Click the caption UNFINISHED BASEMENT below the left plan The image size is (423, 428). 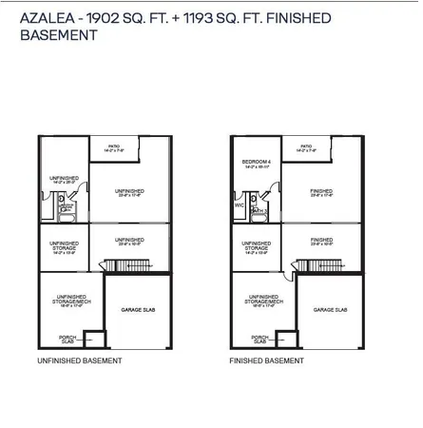click(79, 361)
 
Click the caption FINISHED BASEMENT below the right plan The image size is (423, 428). click(266, 361)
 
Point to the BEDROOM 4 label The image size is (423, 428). click(255, 162)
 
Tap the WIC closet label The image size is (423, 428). click(239, 204)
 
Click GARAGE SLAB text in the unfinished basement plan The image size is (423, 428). click(138, 310)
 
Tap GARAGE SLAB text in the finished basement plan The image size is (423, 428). click(330, 310)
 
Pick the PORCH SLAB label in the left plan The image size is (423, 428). click(66, 339)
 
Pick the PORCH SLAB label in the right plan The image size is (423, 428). click(258, 339)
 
